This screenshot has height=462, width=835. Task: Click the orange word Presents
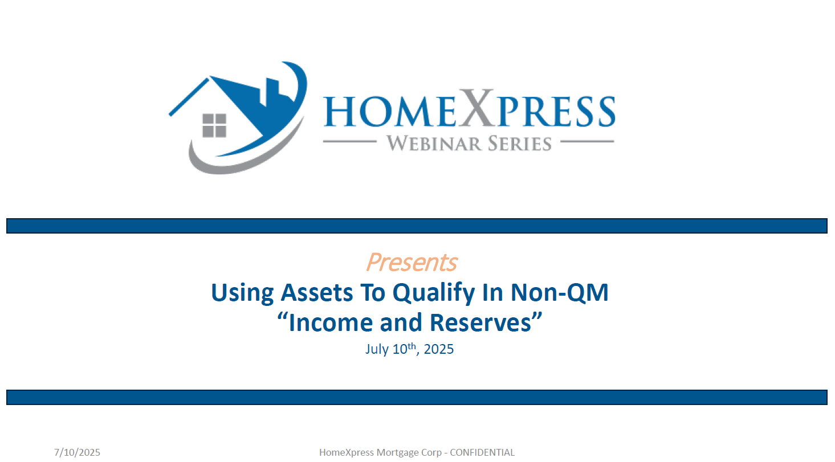412,262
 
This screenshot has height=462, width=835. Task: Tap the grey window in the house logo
214,125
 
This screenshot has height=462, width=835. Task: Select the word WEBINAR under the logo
433,144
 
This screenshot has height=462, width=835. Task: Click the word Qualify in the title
434,293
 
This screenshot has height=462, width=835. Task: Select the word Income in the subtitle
331,322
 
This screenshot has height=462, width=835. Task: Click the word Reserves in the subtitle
480,322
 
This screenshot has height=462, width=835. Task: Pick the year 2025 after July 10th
439,349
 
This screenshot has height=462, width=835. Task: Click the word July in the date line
377,349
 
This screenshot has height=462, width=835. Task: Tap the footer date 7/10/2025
77,452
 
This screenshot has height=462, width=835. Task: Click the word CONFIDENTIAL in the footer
482,452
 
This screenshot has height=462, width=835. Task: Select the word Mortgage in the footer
397,453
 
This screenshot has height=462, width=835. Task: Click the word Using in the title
242,293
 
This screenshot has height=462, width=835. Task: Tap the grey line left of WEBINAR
349,141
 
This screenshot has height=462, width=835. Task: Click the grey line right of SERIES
587,141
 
